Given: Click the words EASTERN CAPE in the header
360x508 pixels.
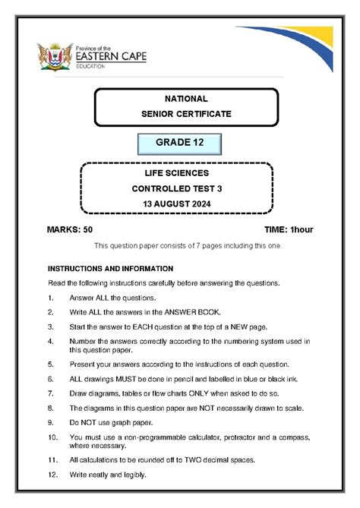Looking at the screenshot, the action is pyautogui.click(x=111, y=55).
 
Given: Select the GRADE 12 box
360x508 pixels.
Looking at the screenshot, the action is pyautogui.click(x=179, y=144).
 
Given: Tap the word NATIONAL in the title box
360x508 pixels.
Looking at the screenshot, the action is pyautogui.click(x=186, y=99).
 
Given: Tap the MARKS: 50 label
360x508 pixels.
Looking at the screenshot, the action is pyautogui.click(x=69, y=229).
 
